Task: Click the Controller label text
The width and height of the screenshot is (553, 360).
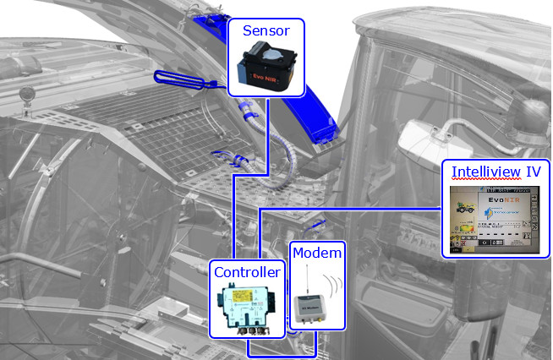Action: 246,272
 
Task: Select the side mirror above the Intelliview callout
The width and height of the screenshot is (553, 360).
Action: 427,136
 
